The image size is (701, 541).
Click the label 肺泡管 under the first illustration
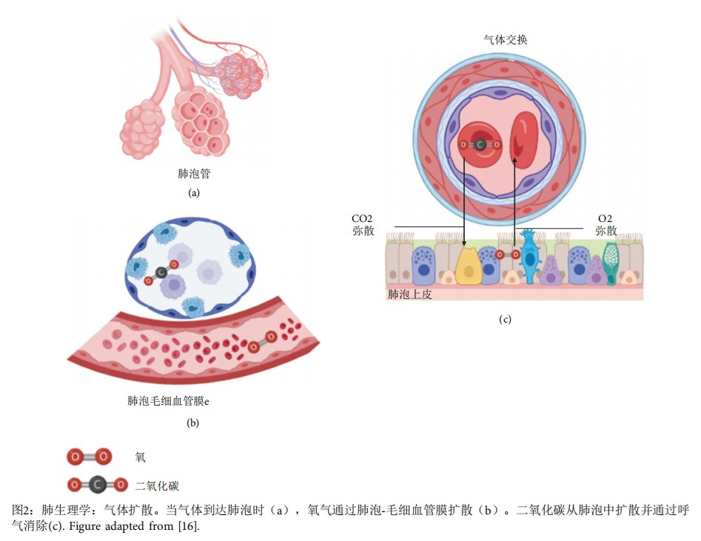[194, 174]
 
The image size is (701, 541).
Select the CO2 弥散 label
[363, 225]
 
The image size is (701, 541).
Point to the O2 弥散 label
[606, 225]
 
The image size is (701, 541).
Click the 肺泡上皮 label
[409, 294]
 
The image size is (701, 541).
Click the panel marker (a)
[194, 192]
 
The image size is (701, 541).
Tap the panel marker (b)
[193, 423]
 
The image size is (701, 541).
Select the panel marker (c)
[505, 320]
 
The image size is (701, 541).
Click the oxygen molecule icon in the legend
[90, 457]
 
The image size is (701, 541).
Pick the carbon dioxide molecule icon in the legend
[97, 485]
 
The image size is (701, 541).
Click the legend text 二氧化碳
[157, 486]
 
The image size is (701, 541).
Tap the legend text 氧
[140, 457]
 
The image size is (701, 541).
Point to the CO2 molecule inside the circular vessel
[479, 145]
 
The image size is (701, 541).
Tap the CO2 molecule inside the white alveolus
[161, 272]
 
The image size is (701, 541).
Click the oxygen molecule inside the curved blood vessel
[262, 342]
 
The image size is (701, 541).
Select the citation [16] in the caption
[188, 527]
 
